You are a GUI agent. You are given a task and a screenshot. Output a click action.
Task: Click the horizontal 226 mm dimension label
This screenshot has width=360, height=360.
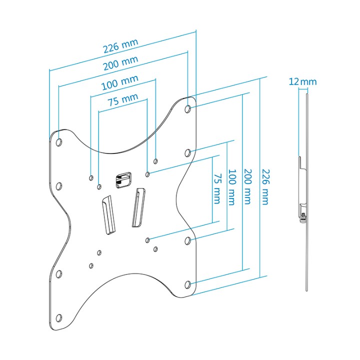click(121, 45)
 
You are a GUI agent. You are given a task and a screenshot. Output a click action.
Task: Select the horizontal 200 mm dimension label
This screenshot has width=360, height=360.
click(121, 63)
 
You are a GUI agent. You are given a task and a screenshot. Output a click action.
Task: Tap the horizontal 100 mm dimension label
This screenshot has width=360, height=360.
click(120, 82)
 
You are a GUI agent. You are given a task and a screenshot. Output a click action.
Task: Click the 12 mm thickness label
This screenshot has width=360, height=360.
click(302, 81)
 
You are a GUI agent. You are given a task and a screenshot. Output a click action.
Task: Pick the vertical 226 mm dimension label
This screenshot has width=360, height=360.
click(265, 187)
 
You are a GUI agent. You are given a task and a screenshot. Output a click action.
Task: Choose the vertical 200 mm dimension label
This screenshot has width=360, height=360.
click(247, 186)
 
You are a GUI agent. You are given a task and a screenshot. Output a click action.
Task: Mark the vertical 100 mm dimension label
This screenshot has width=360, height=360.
click(232, 187)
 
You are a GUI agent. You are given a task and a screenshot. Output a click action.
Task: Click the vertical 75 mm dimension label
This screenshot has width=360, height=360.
click(217, 188)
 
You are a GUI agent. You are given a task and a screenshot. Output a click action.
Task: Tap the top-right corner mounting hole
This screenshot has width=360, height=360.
click(188, 109)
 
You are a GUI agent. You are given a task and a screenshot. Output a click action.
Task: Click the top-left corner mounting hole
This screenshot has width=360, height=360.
click(59, 142)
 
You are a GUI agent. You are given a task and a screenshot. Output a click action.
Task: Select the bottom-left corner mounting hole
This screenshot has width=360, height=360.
click(59, 318)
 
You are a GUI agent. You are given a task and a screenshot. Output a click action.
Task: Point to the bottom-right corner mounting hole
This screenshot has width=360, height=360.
click(188, 284)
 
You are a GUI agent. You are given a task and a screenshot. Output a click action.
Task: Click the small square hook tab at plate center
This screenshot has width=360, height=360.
click(123, 180)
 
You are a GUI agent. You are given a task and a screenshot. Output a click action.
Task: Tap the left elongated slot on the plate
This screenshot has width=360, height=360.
click(108, 214)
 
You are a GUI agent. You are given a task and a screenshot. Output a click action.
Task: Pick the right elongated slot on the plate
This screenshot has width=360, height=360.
click(138, 207)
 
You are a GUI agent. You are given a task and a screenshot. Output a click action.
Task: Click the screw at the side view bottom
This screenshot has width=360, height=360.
click(303, 217)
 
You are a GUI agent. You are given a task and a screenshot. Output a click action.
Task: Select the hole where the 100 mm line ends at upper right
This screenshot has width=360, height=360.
click(155, 161)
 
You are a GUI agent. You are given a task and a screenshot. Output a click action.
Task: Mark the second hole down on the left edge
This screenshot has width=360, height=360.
click(59, 185)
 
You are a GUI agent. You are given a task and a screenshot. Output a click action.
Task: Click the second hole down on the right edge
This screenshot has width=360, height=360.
click(188, 152)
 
